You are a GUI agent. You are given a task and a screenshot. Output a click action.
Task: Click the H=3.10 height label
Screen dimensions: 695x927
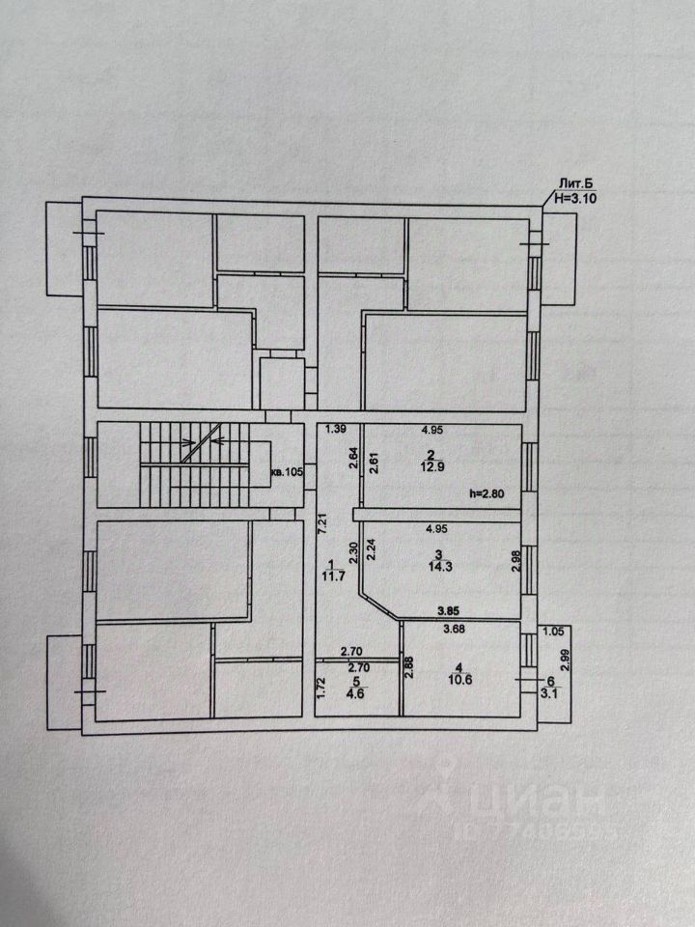click(x=575, y=198)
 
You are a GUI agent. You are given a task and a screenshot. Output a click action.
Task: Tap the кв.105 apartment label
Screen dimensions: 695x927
click(x=286, y=472)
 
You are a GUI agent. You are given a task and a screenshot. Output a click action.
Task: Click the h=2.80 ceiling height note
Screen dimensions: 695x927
click(x=494, y=494)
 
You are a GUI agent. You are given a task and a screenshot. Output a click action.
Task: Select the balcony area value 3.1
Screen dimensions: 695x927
click(x=551, y=692)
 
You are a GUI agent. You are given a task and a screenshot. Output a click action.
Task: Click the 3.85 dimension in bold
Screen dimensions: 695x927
click(x=449, y=611)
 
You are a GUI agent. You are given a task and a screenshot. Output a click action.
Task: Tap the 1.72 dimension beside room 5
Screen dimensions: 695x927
click(x=322, y=687)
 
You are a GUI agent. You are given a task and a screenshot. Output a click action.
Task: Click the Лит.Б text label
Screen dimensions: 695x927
click(x=569, y=183)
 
